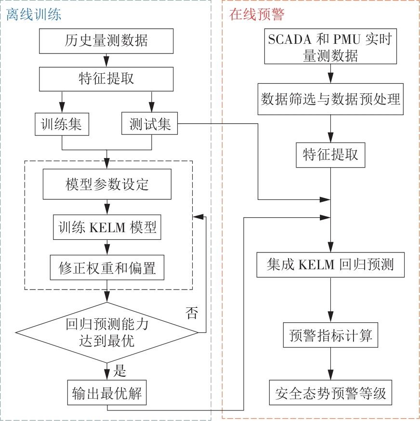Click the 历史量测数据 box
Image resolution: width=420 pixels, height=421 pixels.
pos(106,40)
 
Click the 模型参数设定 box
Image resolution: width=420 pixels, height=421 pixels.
pos(106,184)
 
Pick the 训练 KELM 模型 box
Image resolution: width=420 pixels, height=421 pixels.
pos(106,228)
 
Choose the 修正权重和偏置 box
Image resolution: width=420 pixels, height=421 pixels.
pos(106,267)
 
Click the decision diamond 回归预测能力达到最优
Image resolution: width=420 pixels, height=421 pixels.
pos(106,332)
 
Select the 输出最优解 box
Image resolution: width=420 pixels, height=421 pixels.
pos(106,395)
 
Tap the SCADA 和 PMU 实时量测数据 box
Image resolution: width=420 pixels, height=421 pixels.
pos(330,47)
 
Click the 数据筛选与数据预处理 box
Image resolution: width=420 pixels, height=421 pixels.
pos(330,100)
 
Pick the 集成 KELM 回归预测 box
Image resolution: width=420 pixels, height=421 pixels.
pos(330,265)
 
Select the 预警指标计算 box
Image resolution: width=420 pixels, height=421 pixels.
pos(330,335)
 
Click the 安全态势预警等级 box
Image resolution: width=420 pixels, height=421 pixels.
pos(330,395)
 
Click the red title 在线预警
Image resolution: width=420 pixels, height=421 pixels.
pos(257,14)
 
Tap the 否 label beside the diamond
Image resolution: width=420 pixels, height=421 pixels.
pos(191,314)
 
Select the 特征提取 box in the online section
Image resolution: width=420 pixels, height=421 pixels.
pos(330,154)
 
